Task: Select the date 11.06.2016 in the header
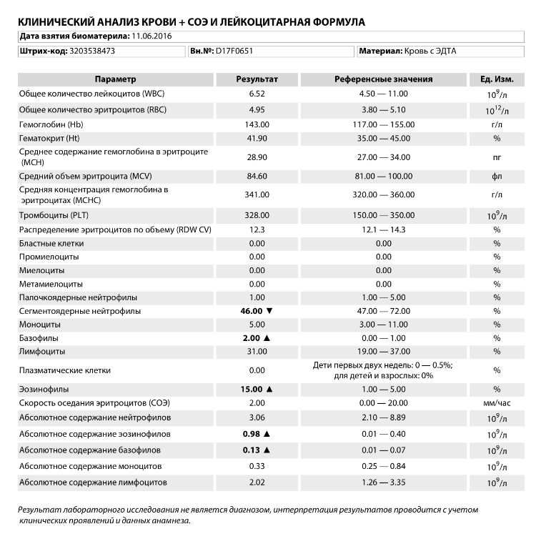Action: pos(154,35)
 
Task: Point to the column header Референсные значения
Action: pos(383,79)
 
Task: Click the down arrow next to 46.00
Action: pos(269,312)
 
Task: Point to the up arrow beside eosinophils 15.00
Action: pos(269,390)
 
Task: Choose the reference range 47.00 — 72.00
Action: pos(383,312)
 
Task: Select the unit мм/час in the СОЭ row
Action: pos(497,403)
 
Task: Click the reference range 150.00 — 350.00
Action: pos(383,214)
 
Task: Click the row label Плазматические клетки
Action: pos(65,370)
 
